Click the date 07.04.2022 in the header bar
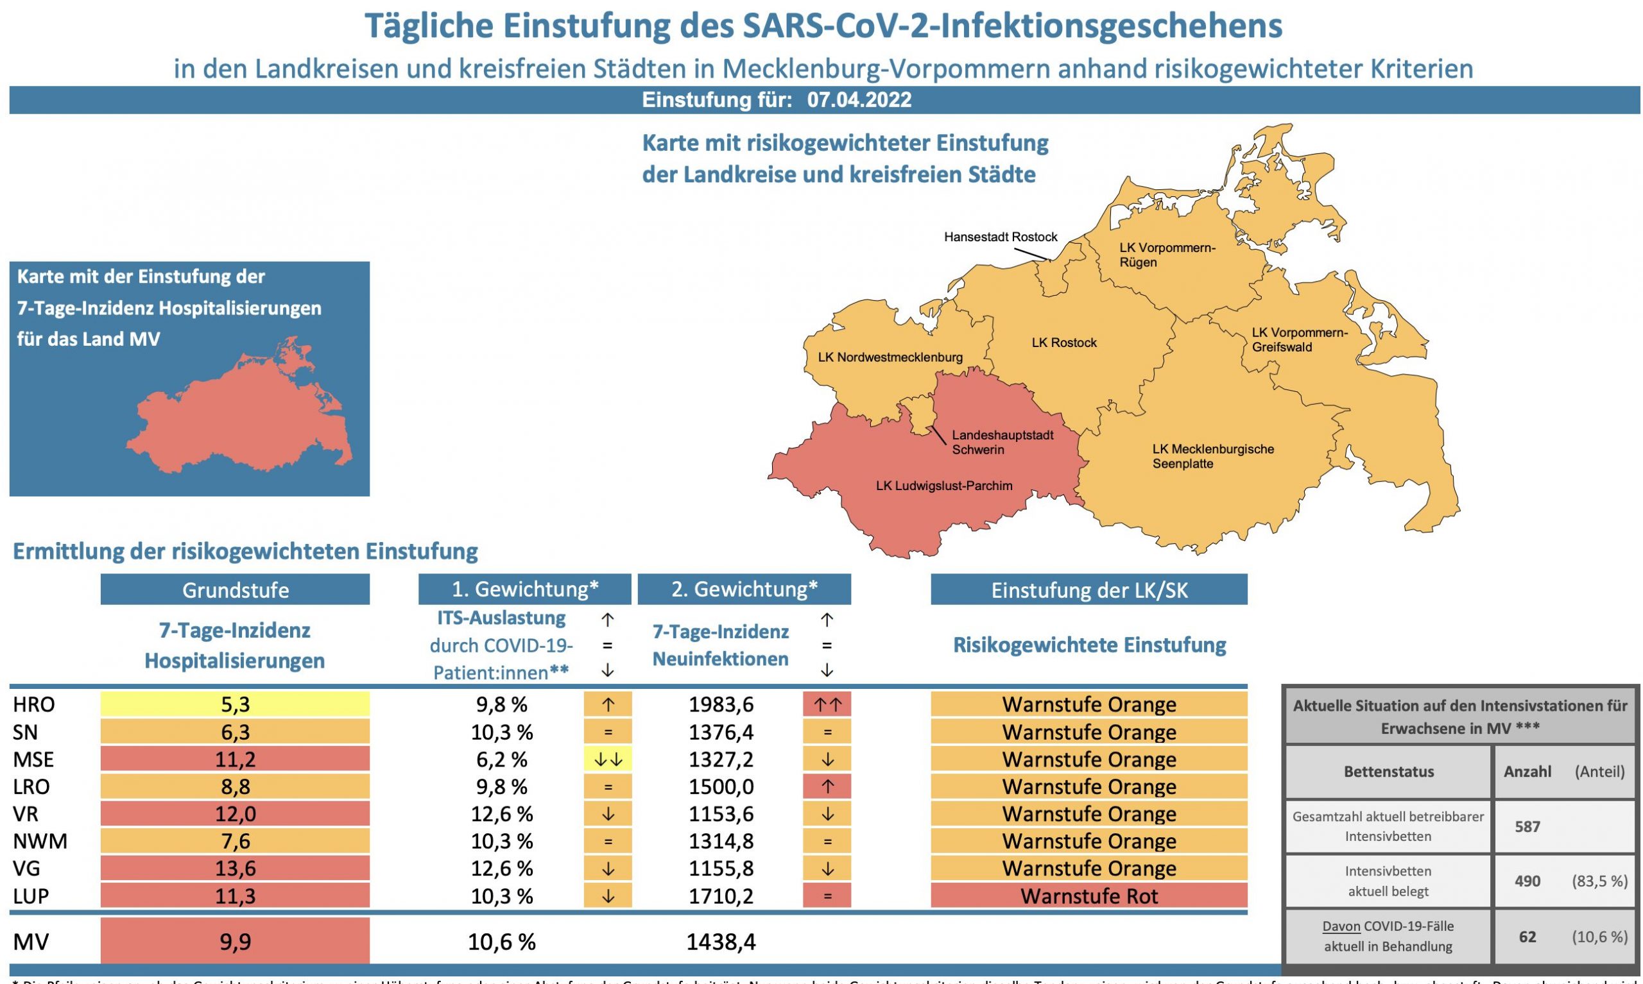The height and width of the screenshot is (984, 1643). tap(858, 100)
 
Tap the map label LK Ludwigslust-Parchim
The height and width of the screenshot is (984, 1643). tap(943, 486)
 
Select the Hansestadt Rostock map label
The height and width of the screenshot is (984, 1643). tap(1001, 237)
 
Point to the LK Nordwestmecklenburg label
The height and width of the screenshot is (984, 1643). tap(890, 357)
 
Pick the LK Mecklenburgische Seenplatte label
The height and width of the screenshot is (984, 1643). tap(1212, 456)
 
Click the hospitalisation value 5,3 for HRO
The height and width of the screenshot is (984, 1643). tap(235, 704)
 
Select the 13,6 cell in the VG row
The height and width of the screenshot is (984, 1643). tap(235, 868)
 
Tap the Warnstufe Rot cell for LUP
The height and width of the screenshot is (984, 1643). tap(1088, 896)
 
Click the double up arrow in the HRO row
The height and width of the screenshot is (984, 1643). tap(827, 704)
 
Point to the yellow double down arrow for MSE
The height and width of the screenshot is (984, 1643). tap(607, 759)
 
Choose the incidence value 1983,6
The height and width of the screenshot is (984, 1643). tap(720, 704)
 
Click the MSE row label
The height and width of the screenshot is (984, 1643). tap(33, 759)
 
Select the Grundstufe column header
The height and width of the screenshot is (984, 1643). tap(235, 590)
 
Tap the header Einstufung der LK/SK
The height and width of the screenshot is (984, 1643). tap(1088, 590)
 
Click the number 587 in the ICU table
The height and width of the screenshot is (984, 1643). tap(1526, 826)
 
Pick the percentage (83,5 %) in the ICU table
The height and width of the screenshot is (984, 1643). tap(1599, 881)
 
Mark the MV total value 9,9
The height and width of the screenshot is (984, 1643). tap(235, 941)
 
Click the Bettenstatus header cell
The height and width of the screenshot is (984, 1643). tap(1388, 772)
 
